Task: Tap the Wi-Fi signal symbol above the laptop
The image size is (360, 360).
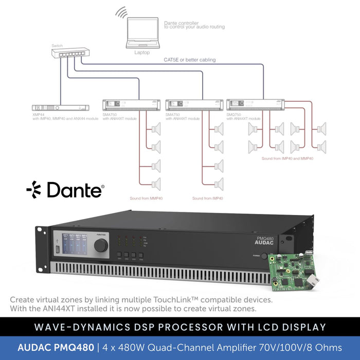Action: (x=121, y=12)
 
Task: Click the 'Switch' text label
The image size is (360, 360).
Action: (x=57, y=46)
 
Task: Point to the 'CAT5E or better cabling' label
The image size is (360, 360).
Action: (x=190, y=60)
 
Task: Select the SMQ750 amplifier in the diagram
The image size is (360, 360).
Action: (x=256, y=105)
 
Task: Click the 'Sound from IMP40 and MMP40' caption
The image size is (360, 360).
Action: (x=287, y=158)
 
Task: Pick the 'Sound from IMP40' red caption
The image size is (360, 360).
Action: (x=207, y=198)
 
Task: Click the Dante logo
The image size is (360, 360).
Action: (x=65, y=190)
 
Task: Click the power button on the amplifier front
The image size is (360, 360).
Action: (x=264, y=256)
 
